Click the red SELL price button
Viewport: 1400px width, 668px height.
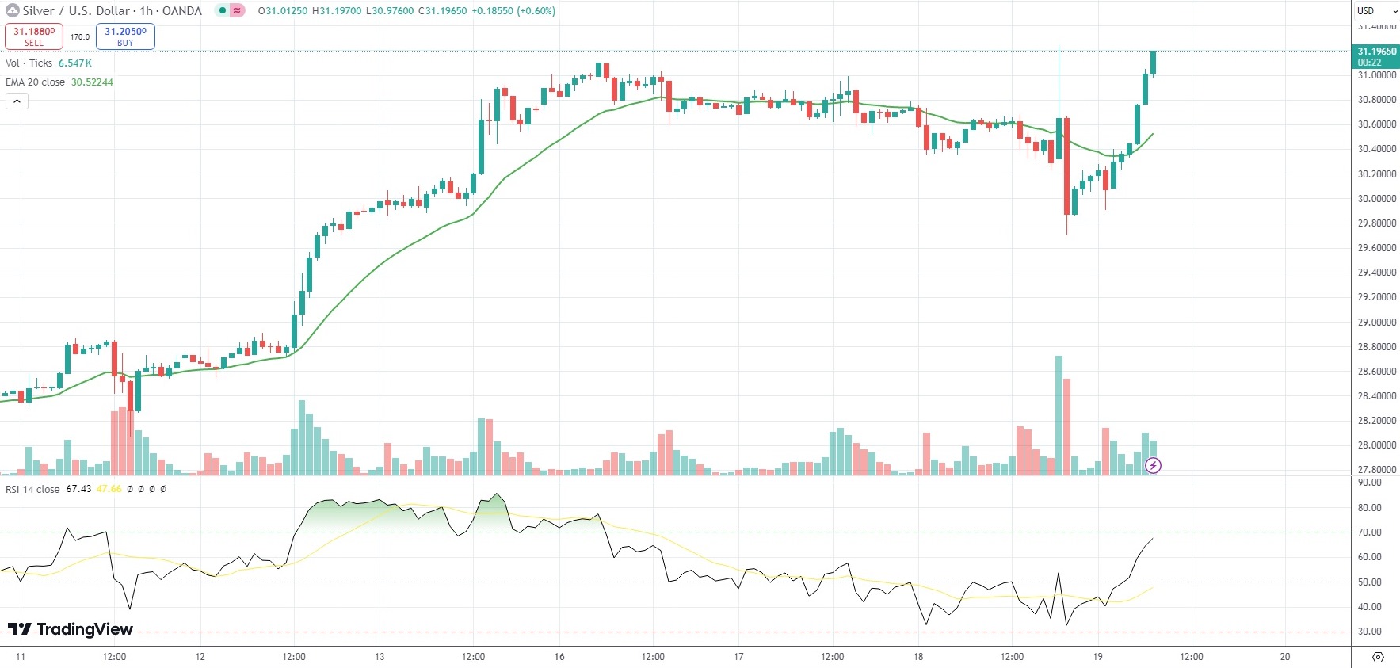pyautogui.click(x=34, y=36)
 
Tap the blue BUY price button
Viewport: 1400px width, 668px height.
pyautogui.click(x=125, y=36)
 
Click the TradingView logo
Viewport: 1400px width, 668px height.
pyautogui.click(x=71, y=629)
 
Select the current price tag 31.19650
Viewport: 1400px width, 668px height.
pyautogui.click(x=1375, y=56)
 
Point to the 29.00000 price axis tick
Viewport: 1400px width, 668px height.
pyautogui.click(x=1376, y=323)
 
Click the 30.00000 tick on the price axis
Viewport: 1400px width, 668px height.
pyautogui.click(x=1376, y=199)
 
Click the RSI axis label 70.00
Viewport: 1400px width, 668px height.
pyautogui.click(x=1370, y=532)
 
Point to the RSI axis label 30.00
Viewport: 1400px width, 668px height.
pyautogui.click(x=1370, y=632)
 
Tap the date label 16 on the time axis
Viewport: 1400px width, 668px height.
pyautogui.click(x=559, y=657)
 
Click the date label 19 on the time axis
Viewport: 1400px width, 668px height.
pyautogui.click(x=1097, y=657)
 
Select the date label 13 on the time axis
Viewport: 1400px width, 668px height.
pyautogui.click(x=380, y=657)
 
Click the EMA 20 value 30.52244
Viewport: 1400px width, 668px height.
pyautogui.click(x=92, y=82)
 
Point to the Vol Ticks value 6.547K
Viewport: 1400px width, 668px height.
pyautogui.click(x=75, y=63)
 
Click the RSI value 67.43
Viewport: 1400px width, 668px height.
pyautogui.click(x=78, y=489)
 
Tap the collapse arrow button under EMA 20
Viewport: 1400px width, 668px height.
pyautogui.click(x=17, y=101)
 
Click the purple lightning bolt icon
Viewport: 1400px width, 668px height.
pyautogui.click(x=1154, y=466)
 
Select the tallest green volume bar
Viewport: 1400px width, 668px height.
pyautogui.click(x=1059, y=415)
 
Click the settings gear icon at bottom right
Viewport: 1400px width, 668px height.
pyautogui.click(x=1378, y=657)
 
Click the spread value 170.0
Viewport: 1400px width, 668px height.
pyautogui.click(x=80, y=37)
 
